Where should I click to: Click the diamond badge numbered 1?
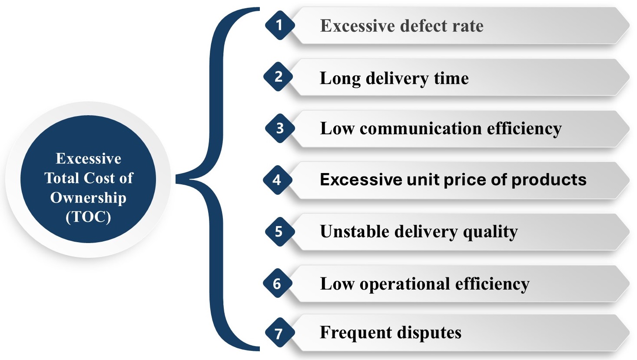[280, 25]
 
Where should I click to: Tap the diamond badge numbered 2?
[278, 77]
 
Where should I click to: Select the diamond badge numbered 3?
[280, 128]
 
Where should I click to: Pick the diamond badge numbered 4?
[278, 180]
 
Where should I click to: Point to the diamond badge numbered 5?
[280, 231]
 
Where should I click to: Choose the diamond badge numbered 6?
[278, 283]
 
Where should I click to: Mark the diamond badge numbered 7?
[280, 333]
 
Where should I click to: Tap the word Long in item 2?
[340, 79]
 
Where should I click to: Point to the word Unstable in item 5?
[355, 231]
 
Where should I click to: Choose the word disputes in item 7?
[429, 333]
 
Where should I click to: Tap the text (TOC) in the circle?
[88, 217]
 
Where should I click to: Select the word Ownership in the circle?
[88, 198]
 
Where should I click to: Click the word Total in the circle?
[62, 178]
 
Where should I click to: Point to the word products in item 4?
[549, 180]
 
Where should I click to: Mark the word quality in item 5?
[490, 232]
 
